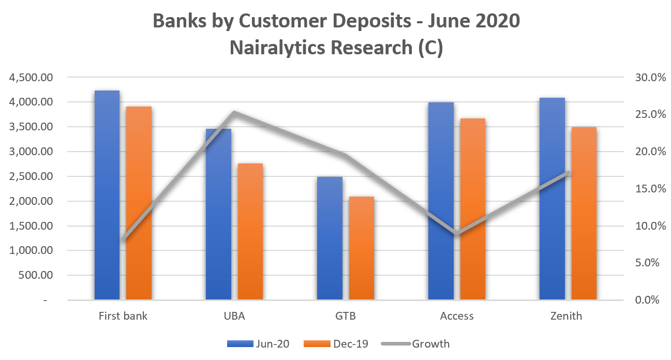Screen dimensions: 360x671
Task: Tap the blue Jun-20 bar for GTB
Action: coord(330,238)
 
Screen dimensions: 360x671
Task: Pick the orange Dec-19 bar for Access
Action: coord(473,209)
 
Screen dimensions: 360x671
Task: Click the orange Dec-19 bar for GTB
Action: coord(362,248)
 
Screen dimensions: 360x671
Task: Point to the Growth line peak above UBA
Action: coord(234,112)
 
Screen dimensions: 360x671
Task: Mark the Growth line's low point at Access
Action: coord(457,234)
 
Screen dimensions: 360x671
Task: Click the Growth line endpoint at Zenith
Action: coord(568,173)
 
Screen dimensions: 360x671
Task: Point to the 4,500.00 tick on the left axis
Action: coord(32,78)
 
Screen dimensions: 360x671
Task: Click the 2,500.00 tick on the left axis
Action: coord(32,176)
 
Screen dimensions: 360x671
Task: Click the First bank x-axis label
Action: coord(123,316)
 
